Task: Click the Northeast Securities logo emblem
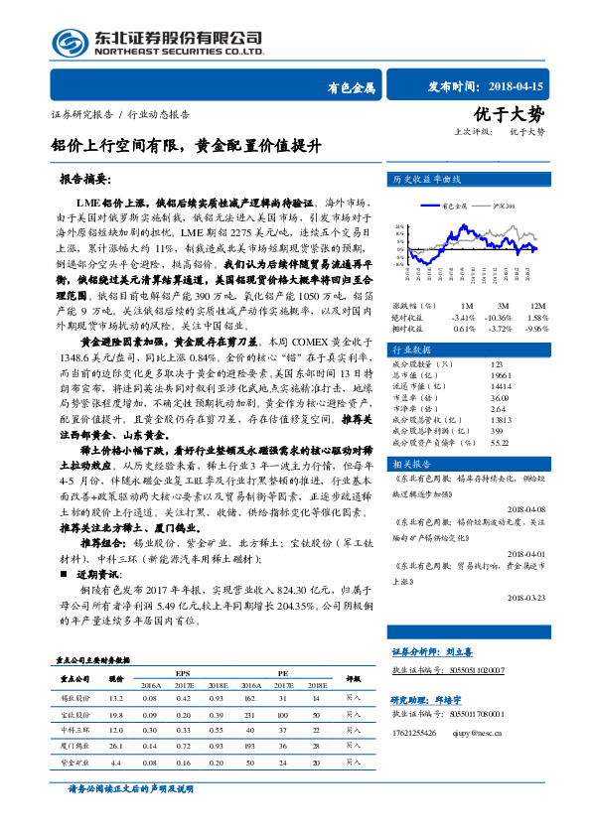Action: [66, 43]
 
